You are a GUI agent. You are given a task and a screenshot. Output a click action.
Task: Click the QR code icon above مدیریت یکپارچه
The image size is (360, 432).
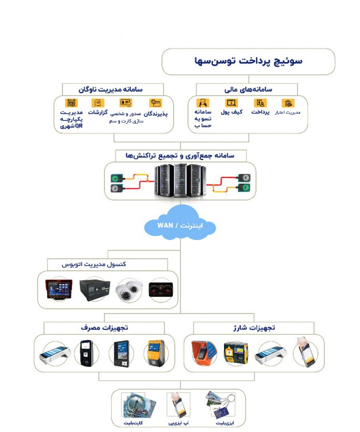click(71, 102)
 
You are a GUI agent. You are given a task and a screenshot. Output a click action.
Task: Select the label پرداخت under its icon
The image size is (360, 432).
click(260, 112)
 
